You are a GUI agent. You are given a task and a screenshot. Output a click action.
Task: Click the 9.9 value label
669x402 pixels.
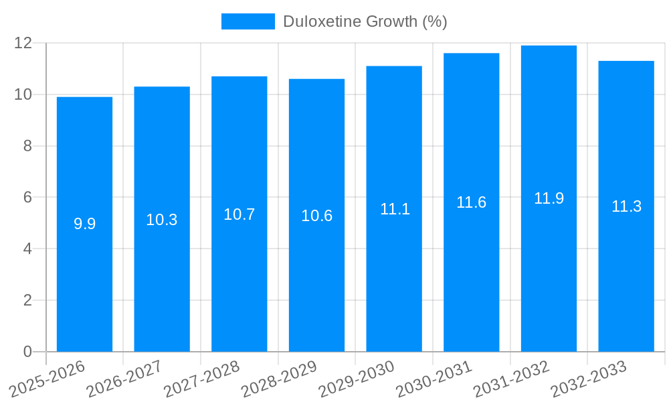point(84,224)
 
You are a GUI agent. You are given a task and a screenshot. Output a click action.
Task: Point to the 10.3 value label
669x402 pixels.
point(162,220)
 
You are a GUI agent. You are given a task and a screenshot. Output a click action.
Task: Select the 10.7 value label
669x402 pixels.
point(239,214)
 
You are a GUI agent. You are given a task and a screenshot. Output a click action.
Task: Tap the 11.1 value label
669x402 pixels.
point(395,209)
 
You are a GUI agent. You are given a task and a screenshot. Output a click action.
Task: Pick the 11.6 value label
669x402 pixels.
point(471,202)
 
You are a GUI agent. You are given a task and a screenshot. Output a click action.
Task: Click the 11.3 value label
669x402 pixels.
point(626,206)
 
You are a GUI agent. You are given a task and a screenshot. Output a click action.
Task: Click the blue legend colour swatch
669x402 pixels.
point(248,21)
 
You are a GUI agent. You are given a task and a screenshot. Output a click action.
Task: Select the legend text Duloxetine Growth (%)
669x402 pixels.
point(365,21)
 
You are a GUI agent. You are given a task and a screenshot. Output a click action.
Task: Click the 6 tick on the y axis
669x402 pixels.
point(27,198)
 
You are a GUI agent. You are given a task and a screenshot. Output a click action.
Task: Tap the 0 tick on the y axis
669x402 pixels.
point(27,352)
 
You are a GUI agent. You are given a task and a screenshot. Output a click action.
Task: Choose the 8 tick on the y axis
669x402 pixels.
point(27,146)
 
